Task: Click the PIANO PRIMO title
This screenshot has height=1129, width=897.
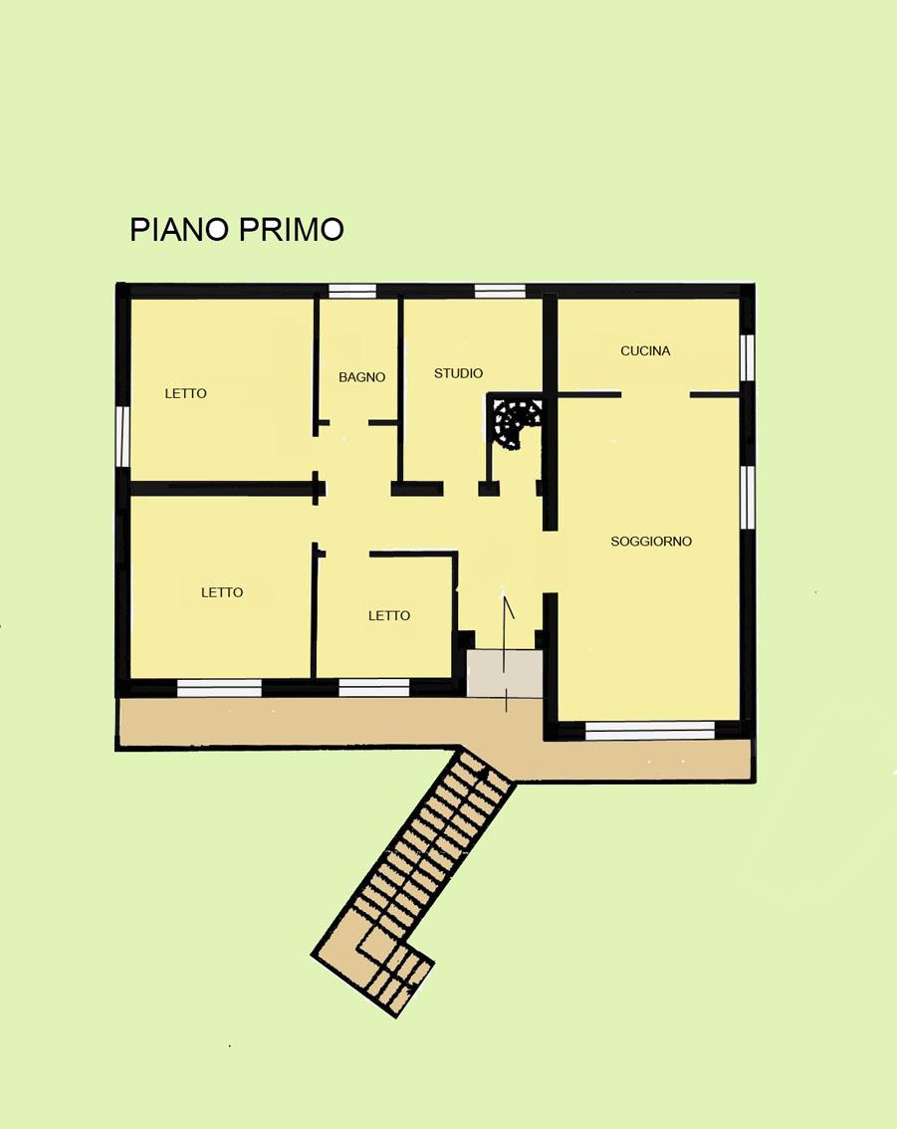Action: point(237,229)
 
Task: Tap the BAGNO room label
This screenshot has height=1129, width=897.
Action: point(362,376)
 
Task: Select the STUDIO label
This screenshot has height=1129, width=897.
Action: point(459,373)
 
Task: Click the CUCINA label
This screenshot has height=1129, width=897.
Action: point(646,350)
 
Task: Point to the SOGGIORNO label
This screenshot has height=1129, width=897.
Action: point(651,541)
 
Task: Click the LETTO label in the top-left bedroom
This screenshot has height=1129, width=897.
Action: point(186,393)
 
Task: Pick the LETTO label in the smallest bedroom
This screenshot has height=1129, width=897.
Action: point(389,615)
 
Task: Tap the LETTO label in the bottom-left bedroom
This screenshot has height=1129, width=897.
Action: point(222,592)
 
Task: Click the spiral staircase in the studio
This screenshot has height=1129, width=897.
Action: point(516,421)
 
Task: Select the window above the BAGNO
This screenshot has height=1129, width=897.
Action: point(352,291)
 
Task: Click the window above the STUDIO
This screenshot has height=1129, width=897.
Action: point(500,291)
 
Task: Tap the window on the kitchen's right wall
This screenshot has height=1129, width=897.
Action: point(748,357)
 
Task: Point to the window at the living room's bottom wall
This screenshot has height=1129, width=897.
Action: point(650,730)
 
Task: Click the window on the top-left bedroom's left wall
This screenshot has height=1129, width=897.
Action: point(123,436)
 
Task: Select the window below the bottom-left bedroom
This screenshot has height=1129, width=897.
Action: point(220,688)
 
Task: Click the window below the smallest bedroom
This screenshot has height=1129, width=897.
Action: point(374,688)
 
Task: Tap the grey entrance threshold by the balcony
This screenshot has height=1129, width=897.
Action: point(505,674)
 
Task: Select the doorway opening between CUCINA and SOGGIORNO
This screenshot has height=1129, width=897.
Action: point(655,394)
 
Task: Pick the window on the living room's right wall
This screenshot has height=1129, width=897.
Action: point(748,498)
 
